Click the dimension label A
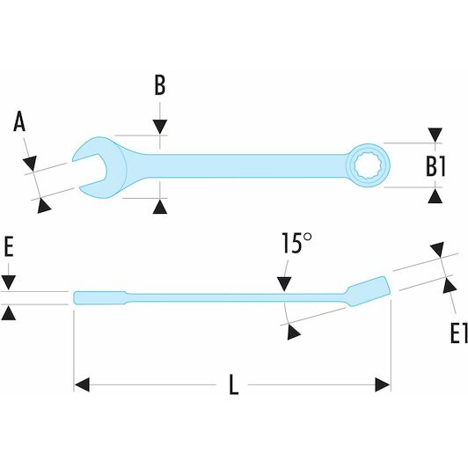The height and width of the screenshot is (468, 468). [x=19, y=121]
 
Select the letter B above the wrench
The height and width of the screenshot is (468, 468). [x=160, y=85]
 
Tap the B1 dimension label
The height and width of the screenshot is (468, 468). [x=435, y=166]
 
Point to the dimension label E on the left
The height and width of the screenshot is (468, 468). [x=9, y=247]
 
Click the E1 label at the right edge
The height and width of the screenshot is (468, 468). [x=458, y=333]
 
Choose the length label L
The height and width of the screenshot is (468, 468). [x=234, y=385]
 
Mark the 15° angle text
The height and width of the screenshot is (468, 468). [x=297, y=243]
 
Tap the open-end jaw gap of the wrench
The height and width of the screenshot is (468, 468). [x=89, y=172]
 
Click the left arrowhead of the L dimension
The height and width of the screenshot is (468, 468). [x=82, y=384]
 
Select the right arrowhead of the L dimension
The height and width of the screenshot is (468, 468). [x=383, y=384]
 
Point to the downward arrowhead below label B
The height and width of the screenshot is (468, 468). [x=160, y=127]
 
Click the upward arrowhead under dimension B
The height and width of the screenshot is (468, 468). [x=160, y=207]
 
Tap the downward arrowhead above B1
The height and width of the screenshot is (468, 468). [x=435, y=135]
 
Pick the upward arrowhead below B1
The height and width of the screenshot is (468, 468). [x=435, y=196]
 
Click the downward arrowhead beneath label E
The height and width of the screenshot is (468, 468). [x=9, y=282]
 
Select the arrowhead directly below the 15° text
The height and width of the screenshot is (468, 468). [x=284, y=284]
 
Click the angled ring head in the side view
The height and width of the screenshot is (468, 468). [x=369, y=291]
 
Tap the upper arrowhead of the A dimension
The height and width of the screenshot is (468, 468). [x=30, y=163]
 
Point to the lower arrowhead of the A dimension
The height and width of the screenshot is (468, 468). [x=44, y=206]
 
